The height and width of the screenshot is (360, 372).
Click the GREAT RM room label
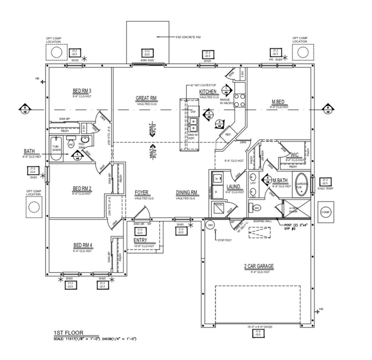click(x=146, y=99)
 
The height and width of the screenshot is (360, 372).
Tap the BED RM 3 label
click(x=82, y=91)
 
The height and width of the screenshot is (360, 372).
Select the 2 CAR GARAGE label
click(x=259, y=266)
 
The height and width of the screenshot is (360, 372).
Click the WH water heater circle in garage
click(x=211, y=225)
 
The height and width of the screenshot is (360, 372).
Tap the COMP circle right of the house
click(x=325, y=212)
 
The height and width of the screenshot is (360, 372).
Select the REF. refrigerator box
click(x=229, y=134)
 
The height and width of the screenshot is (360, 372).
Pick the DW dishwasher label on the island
click(x=193, y=112)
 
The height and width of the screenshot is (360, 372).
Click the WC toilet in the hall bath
click(x=71, y=144)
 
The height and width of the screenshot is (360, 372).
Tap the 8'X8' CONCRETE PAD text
click(x=188, y=37)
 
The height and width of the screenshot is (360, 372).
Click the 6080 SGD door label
click(x=147, y=60)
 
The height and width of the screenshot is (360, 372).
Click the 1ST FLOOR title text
click(x=69, y=333)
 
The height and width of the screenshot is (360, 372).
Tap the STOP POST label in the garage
click(x=225, y=240)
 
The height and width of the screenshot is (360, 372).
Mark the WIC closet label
click(x=294, y=154)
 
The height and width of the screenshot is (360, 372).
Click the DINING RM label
click(x=187, y=193)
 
